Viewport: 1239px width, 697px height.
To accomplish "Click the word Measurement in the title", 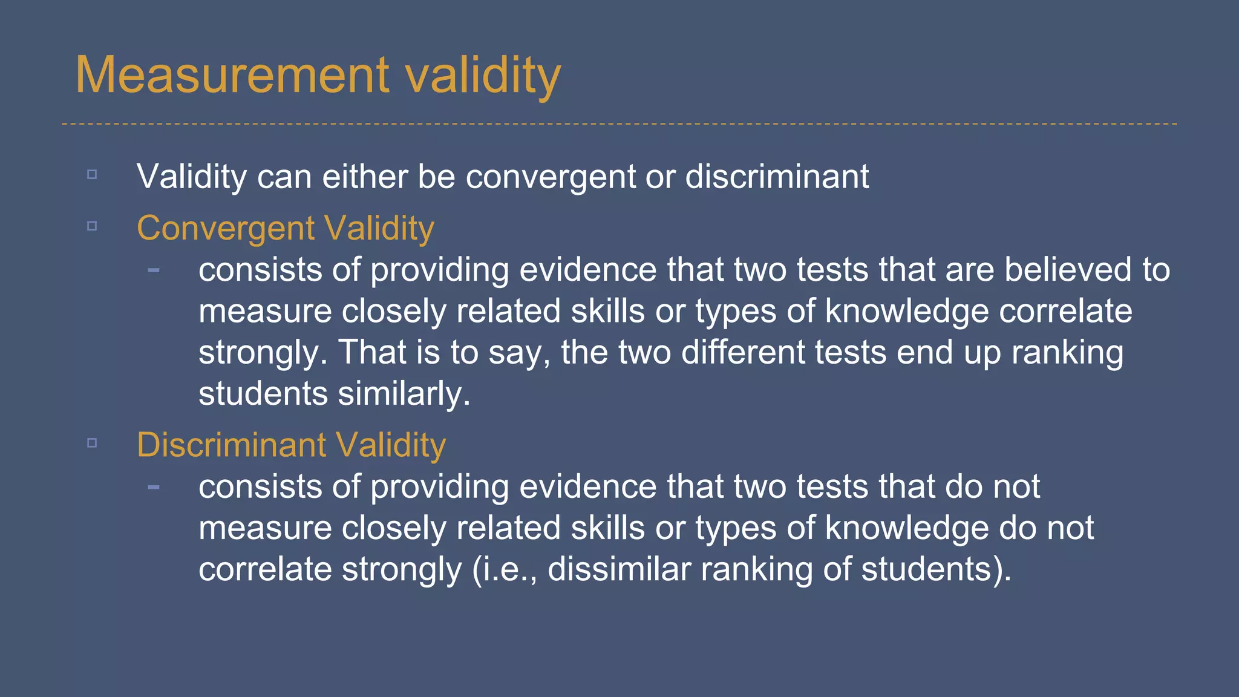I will tap(232, 75).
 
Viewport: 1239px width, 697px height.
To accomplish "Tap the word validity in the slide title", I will tap(482, 75).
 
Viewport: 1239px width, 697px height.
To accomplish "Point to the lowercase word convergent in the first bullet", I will tap(550, 177).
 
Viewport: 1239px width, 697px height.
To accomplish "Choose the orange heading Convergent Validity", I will tap(286, 229).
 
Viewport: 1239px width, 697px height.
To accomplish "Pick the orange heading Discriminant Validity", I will tap(291, 445).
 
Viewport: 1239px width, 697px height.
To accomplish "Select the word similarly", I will tap(404, 394).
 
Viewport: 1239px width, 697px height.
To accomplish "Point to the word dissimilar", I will tap(619, 569).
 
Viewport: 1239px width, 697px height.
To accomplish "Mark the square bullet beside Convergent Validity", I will tap(92, 226).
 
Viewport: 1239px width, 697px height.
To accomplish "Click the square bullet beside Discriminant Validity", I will tap(92, 443).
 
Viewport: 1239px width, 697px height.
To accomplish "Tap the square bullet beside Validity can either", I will tap(92, 174).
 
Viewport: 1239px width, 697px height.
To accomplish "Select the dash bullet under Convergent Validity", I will tap(154, 270).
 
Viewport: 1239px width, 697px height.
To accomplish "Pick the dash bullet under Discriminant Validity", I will tap(154, 486).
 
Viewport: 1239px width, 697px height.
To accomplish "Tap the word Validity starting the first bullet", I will tap(191, 177).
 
